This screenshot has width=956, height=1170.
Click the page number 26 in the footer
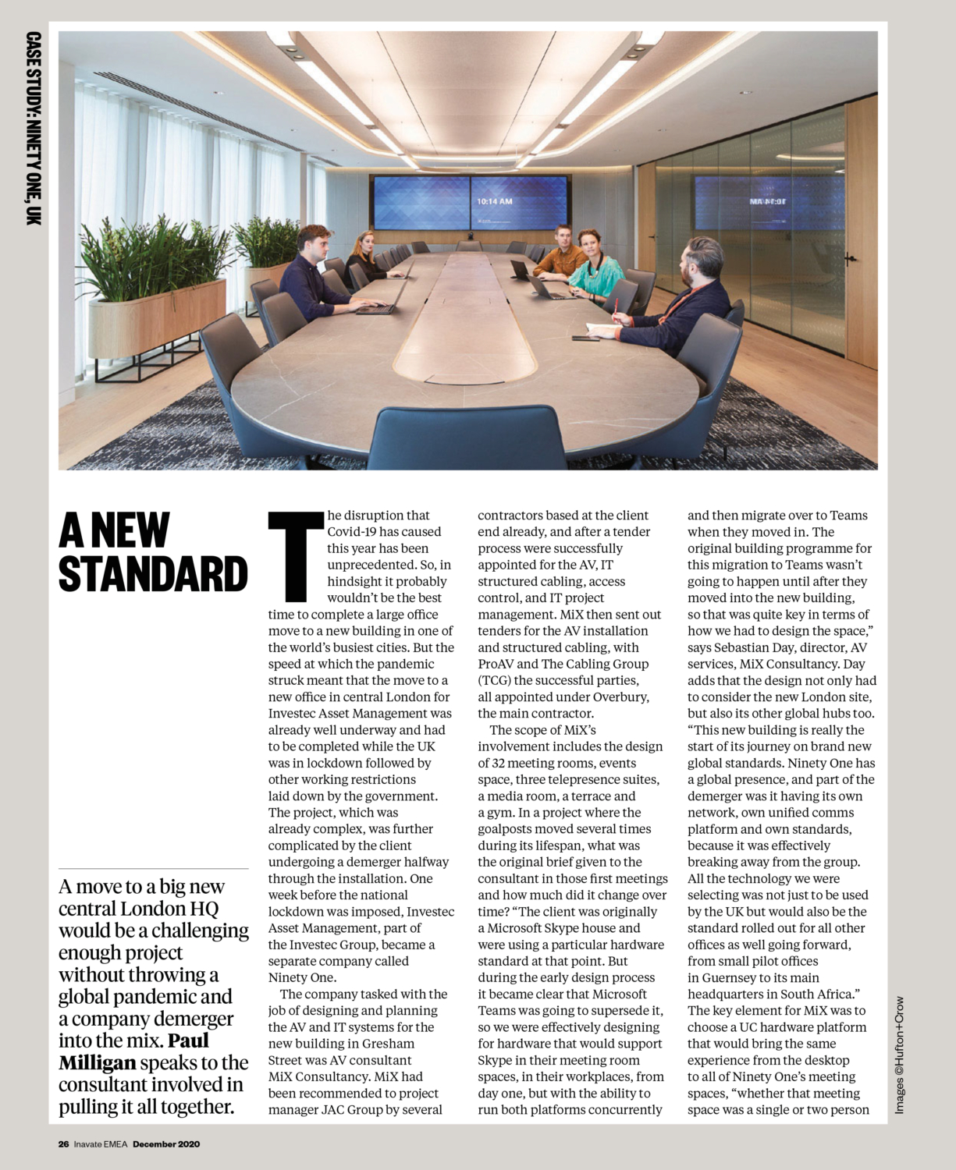pos(63,1144)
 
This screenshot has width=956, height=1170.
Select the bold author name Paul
pos(188,1041)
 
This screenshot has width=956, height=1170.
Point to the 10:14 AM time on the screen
pos(494,201)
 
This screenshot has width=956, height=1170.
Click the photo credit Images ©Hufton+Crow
pos(900,1055)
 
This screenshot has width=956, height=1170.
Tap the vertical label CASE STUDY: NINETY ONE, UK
pos(33,129)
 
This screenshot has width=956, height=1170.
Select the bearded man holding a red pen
pos(687,296)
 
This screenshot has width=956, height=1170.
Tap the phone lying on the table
pos(584,338)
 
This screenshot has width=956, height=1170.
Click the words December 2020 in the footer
pos(166,1144)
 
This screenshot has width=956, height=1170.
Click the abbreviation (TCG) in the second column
pos(494,680)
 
